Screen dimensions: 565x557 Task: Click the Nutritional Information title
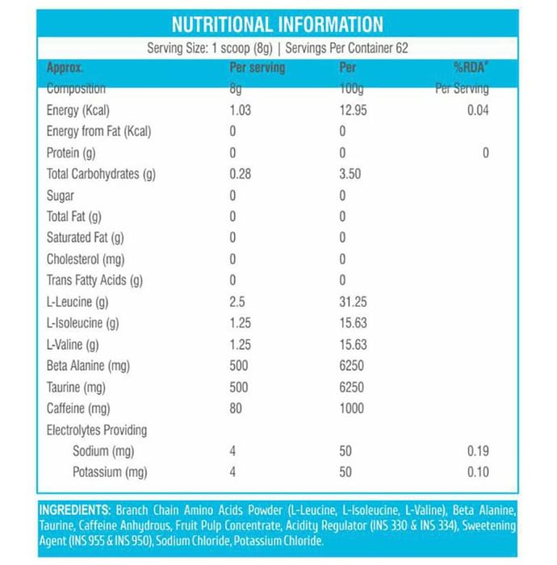point(278,24)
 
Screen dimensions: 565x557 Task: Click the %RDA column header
point(471,68)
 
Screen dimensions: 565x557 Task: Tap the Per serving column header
point(258,68)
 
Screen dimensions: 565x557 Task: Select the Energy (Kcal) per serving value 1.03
point(241,111)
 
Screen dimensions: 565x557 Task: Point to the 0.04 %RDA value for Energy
point(478,111)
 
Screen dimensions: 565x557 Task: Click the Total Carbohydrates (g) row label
point(101,174)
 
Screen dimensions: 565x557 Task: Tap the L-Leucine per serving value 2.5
point(237,302)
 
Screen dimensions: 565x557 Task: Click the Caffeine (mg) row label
point(78,408)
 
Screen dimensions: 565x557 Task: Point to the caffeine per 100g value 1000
point(351,408)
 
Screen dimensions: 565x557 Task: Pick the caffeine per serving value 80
point(237,408)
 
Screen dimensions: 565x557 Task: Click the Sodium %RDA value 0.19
point(478,451)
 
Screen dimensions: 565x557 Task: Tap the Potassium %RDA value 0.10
point(478,472)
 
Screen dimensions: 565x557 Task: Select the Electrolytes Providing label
point(97,430)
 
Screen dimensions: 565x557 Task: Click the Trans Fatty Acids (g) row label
point(94,280)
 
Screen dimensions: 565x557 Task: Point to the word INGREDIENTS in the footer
point(74,511)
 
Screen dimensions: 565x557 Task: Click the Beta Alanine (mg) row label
point(89,366)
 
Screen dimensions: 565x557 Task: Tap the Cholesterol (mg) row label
point(85,259)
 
